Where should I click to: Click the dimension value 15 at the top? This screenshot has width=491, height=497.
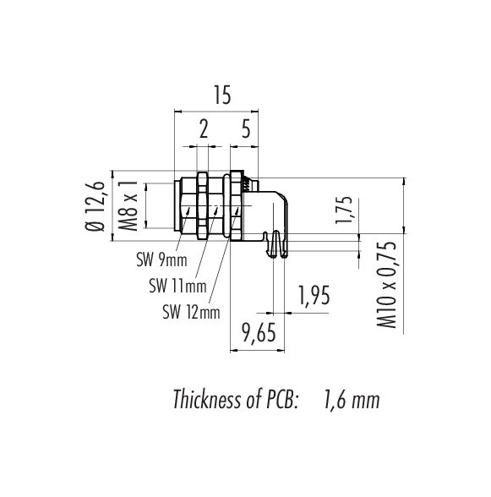tap(222, 95)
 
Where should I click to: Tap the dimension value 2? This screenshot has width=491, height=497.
tap(204, 128)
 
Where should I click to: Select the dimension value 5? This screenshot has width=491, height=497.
tap(246, 128)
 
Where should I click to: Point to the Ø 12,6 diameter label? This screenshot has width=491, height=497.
tap(95, 206)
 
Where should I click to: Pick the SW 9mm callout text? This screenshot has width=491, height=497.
tap(161, 260)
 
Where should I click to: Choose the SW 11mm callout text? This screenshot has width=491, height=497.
tap(177, 287)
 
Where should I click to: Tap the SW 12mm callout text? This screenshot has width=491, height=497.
tap(191, 312)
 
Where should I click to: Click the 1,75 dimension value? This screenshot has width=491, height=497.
tap(344, 210)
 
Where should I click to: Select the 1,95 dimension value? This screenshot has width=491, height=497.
tap(314, 296)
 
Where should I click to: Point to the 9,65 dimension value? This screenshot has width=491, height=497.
tap(259, 333)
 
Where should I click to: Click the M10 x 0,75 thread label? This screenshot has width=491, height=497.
tap(386, 285)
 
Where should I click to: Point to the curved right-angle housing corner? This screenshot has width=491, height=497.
tap(283, 197)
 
